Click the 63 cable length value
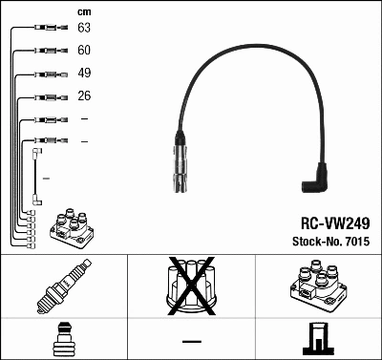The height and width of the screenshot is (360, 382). click(x=84, y=29)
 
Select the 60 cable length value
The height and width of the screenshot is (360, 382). click(x=84, y=51)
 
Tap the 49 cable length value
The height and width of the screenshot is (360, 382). click(x=84, y=74)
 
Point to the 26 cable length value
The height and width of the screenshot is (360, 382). click(x=84, y=96)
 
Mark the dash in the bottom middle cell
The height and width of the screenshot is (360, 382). click(x=191, y=340)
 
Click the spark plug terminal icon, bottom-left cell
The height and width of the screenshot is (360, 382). click(x=63, y=339)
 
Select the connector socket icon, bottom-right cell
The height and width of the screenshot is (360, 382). click(x=318, y=339)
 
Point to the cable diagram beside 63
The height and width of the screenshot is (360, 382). click(x=43, y=29)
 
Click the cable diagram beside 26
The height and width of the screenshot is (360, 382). click(x=43, y=96)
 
